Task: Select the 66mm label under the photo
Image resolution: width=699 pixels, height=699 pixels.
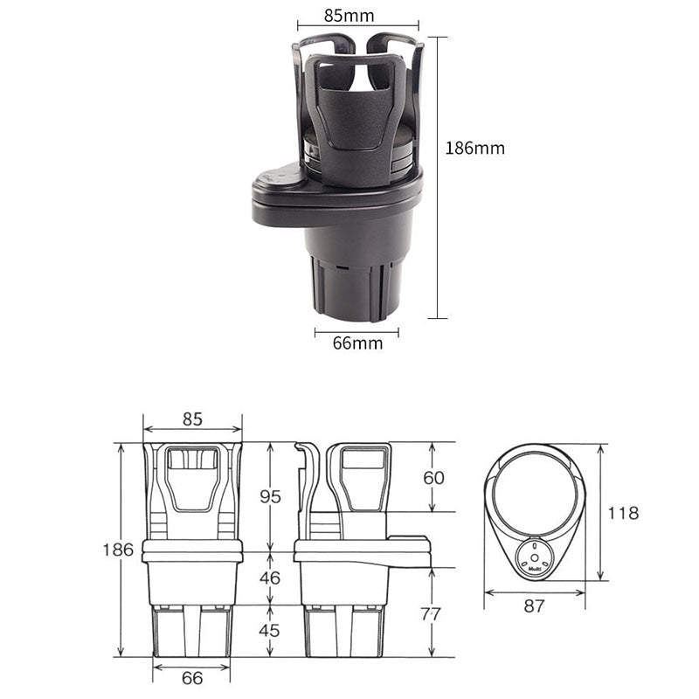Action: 357,343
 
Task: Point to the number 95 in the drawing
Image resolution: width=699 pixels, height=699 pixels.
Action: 271,496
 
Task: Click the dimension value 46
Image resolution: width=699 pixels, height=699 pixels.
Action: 271,578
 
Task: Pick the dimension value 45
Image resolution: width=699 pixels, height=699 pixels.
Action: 271,631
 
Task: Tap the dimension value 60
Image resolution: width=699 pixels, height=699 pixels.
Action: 434,478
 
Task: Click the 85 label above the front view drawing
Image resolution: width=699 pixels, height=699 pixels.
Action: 192,419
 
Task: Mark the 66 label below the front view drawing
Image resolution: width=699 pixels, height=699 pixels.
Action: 191,678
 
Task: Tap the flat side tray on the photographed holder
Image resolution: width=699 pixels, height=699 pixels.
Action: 280,188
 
